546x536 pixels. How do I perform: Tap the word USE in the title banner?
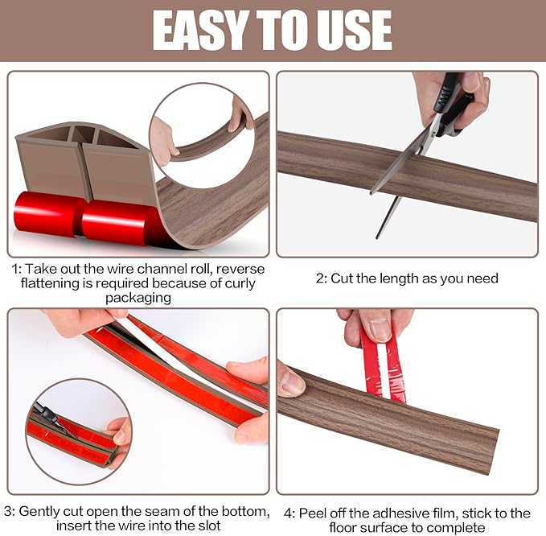click(x=351, y=31)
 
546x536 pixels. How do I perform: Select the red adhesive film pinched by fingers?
click(x=383, y=362)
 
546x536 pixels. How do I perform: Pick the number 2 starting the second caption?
click(x=319, y=278)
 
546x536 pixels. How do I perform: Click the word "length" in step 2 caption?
click(x=396, y=278)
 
